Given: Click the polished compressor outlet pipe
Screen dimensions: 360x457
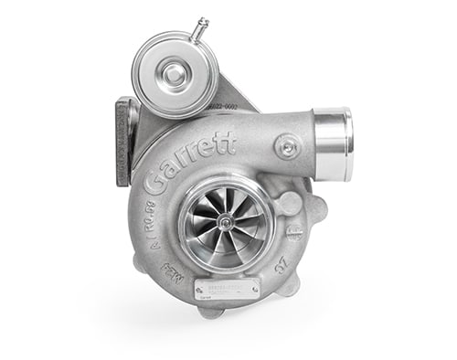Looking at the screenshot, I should (332, 141).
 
